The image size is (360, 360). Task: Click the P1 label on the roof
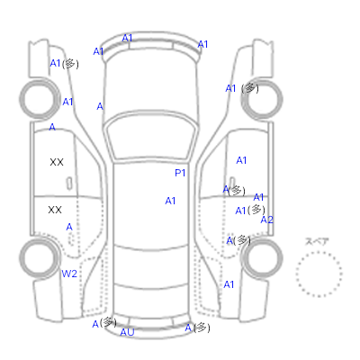click(x=180, y=173)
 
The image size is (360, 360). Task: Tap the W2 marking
click(x=69, y=274)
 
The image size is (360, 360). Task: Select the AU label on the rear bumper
click(x=127, y=332)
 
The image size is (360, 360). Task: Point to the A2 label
click(x=266, y=220)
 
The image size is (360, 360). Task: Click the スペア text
click(x=317, y=241)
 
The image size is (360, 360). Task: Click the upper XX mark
click(x=57, y=162)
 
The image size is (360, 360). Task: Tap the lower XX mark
click(x=55, y=210)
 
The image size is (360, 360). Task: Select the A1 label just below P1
click(x=170, y=201)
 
